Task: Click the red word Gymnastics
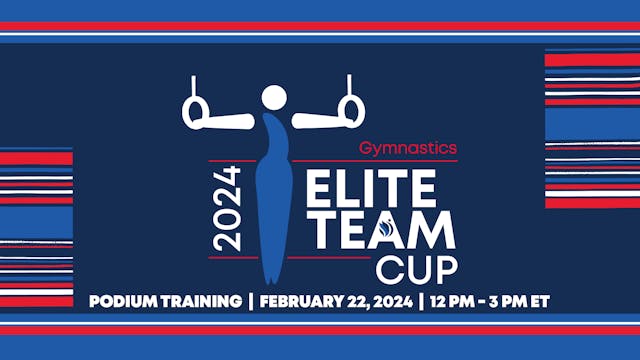point(407,148)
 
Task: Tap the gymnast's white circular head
point(274,97)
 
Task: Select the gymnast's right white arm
point(318,122)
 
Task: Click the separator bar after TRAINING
point(250,301)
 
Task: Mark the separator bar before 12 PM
point(422,301)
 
